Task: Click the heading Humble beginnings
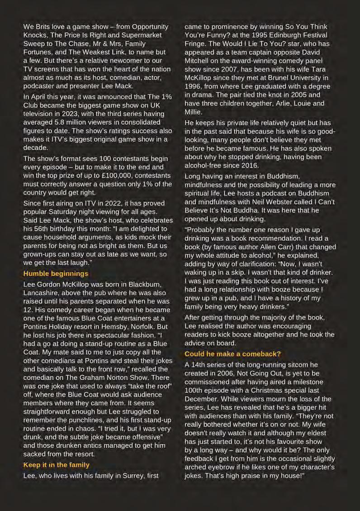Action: tap(56, 273)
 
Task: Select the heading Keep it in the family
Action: tap(56, 464)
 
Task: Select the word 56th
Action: tap(41, 229)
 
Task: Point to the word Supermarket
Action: tap(145, 35)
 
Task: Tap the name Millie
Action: tap(194, 111)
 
